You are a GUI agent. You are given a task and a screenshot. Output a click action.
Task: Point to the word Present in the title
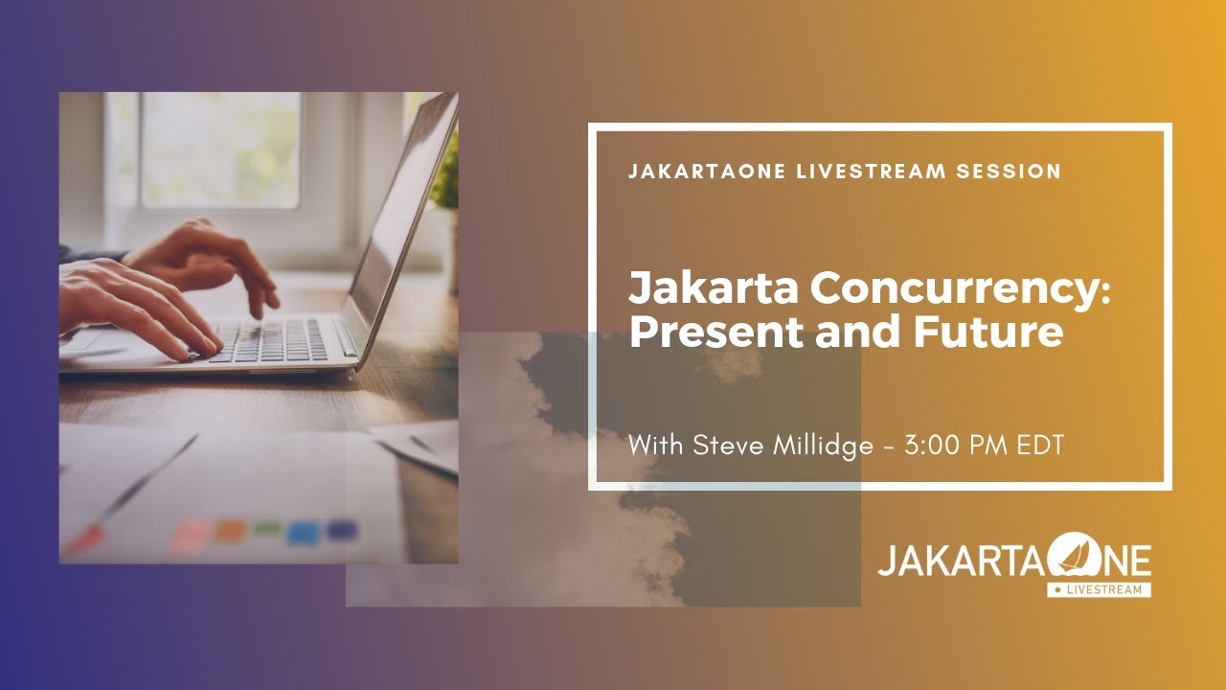698,332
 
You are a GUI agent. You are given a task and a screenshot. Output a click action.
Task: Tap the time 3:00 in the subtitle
938,446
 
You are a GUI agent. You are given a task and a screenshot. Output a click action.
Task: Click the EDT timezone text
1041,446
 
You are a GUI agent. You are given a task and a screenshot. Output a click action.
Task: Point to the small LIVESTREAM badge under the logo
1099,590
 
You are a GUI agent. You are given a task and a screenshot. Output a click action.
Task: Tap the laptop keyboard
273,339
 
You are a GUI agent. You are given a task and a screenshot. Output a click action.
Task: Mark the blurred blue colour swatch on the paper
304,532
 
